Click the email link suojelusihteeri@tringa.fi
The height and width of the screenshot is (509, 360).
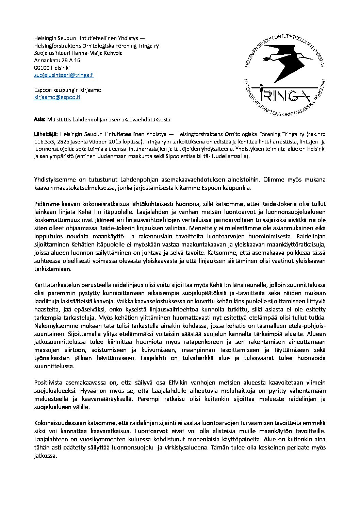click(x=64, y=75)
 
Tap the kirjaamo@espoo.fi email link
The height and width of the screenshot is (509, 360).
click(x=57, y=97)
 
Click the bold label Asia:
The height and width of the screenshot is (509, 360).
click(x=40, y=120)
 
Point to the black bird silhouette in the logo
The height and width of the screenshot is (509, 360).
click(x=283, y=63)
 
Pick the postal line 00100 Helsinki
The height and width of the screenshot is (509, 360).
click(x=52, y=68)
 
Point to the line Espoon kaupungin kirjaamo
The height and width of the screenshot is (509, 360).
click(x=67, y=90)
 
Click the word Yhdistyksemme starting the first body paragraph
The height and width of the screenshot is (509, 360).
click(x=57, y=179)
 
